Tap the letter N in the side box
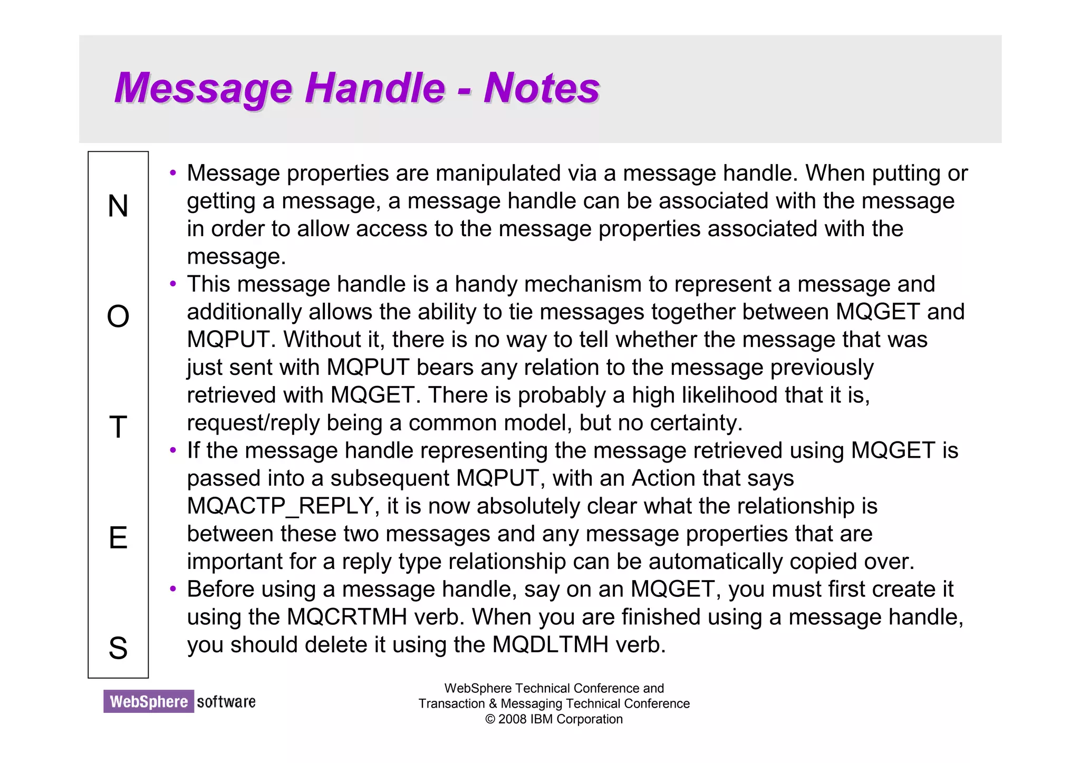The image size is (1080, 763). [118, 206]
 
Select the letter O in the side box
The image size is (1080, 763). [118, 316]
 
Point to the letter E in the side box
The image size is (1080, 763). [118, 538]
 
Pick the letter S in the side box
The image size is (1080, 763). [118, 648]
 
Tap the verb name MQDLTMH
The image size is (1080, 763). [550, 645]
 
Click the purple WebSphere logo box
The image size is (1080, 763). [149, 701]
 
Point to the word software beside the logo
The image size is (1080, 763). [226, 702]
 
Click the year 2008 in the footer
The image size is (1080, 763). [512, 719]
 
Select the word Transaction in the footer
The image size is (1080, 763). [451, 704]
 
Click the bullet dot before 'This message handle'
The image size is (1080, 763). [173, 284]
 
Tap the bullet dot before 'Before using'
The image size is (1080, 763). [173, 589]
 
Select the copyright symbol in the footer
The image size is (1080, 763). [490, 720]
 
